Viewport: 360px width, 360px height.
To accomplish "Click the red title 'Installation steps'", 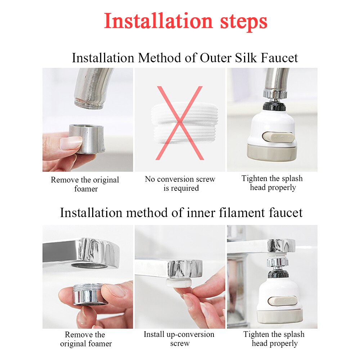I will click(185, 22).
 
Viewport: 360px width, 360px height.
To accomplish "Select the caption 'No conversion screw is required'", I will click(180, 184).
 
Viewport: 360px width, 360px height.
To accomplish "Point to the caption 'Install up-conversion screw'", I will click(179, 339).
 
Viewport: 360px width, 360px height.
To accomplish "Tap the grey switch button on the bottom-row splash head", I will click(284, 301).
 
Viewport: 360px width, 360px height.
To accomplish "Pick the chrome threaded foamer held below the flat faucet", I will click(88, 293).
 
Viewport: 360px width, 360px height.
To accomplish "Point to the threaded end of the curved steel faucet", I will click(89, 103).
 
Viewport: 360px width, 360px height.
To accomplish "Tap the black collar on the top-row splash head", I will click(274, 106).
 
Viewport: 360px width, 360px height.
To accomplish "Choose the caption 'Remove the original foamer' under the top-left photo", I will click(85, 184).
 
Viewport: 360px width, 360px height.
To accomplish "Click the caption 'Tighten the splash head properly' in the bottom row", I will click(274, 339).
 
